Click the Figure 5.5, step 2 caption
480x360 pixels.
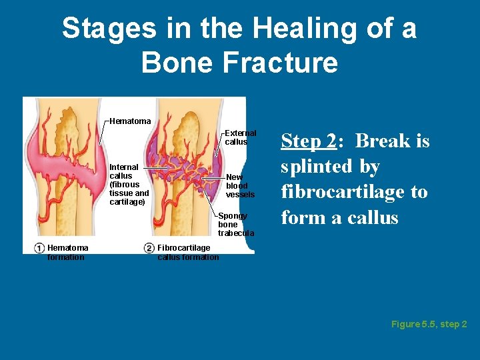tap(429, 324)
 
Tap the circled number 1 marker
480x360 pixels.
tap(39, 249)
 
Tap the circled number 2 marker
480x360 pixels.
tap(149, 249)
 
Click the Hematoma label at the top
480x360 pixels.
tap(130, 121)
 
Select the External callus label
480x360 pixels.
tap(240, 137)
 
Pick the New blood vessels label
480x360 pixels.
tap(240, 186)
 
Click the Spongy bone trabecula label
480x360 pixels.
tap(236, 225)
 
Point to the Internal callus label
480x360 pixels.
tap(124, 171)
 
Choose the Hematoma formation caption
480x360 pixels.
tap(67, 253)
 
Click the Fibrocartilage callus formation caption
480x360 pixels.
tap(187, 253)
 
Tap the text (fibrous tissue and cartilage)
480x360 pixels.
tap(129, 193)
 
